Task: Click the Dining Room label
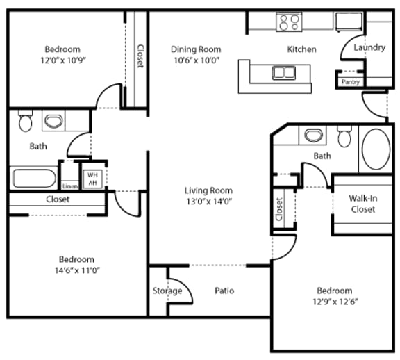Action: [196, 49]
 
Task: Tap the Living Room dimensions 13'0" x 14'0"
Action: [208, 202]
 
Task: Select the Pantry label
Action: [351, 82]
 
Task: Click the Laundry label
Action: [369, 48]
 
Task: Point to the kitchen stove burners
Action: [289, 22]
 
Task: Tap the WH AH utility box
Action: [92, 179]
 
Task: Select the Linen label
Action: [69, 186]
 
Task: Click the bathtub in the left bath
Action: [34, 178]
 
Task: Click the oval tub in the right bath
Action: [376, 149]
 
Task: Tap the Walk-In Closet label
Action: [362, 203]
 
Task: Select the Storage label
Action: [167, 291]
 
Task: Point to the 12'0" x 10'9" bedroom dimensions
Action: [62, 60]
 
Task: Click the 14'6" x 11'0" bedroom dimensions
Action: [76, 270]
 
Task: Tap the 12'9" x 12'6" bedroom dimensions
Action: [334, 302]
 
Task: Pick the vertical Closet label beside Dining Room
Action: [140, 56]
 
